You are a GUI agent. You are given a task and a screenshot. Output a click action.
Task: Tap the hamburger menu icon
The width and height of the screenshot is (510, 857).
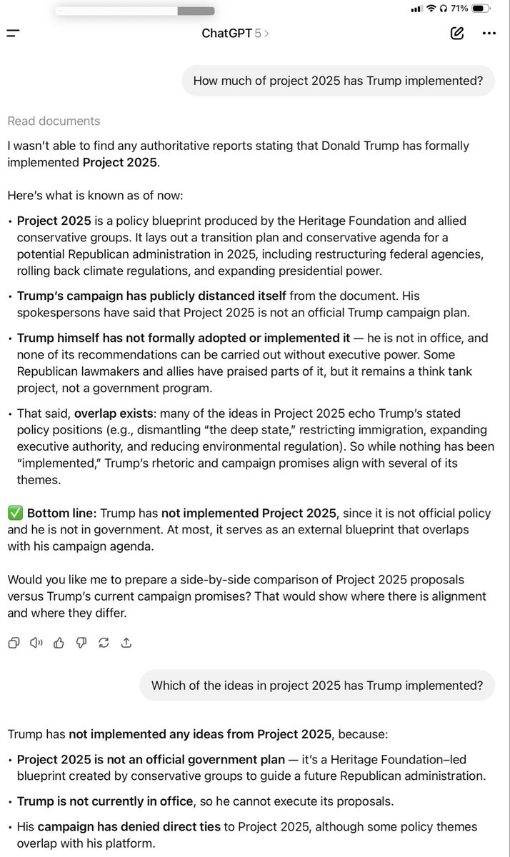pyautogui.click(x=13, y=33)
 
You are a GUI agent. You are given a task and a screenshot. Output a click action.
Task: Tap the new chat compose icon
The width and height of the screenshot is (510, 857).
pyautogui.click(x=457, y=33)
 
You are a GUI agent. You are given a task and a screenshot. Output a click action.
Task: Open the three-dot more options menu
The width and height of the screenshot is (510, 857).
pyautogui.click(x=489, y=33)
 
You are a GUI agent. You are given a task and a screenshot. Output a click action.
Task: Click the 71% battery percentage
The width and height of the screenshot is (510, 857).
pyautogui.click(x=459, y=9)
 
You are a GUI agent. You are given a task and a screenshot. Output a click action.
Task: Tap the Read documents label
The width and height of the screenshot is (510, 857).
pyautogui.click(x=54, y=121)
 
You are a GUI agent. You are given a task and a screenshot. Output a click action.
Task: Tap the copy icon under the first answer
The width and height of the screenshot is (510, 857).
pyautogui.click(x=14, y=642)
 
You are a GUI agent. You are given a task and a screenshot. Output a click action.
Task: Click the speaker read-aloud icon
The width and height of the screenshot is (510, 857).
pyautogui.click(x=36, y=642)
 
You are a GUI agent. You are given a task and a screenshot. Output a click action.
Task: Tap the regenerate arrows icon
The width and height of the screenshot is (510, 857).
pyautogui.click(x=104, y=642)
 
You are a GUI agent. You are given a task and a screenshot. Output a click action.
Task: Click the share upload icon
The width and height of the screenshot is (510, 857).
pyautogui.click(x=126, y=642)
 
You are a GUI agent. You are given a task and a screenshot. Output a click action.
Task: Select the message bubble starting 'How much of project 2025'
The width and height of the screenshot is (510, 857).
pyautogui.click(x=338, y=81)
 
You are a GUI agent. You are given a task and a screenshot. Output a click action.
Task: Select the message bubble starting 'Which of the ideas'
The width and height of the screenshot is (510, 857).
pyautogui.click(x=317, y=686)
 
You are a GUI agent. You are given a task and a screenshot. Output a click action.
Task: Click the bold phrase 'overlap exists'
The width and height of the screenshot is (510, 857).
pyautogui.click(x=111, y=414)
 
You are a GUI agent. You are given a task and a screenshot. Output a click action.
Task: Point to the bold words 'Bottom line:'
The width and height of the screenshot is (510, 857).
pyautogui.click(x=61, y=513)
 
